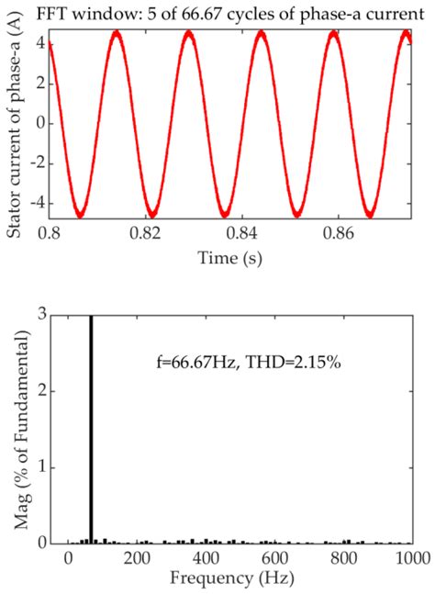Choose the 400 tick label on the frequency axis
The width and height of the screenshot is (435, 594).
point(205,559)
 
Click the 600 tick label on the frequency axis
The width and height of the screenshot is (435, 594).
point(273,559)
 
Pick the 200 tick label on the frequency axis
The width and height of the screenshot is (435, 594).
point(136,559)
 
